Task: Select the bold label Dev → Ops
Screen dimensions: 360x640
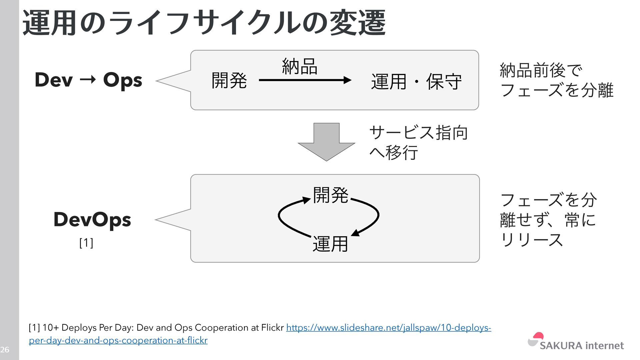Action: point(88,80)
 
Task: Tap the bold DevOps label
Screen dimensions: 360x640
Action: point(92,219)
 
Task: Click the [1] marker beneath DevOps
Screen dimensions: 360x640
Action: point(86,243)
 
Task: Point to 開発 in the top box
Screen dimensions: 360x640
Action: point(229,81)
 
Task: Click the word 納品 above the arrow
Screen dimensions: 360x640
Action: point(299,66)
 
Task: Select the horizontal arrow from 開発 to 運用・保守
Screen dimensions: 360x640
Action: point(305,80)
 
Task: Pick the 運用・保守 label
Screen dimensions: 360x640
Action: point(416,82)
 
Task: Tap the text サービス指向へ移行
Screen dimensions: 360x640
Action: point(418,142)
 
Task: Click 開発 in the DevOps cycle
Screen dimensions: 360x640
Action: point(330,195)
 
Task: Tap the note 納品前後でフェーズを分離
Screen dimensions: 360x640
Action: point(556,80)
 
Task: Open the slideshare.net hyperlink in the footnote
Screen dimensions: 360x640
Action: point(388,328)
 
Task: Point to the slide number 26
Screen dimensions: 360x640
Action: point(5,350)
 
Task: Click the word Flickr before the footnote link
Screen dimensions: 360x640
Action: point(272,328)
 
